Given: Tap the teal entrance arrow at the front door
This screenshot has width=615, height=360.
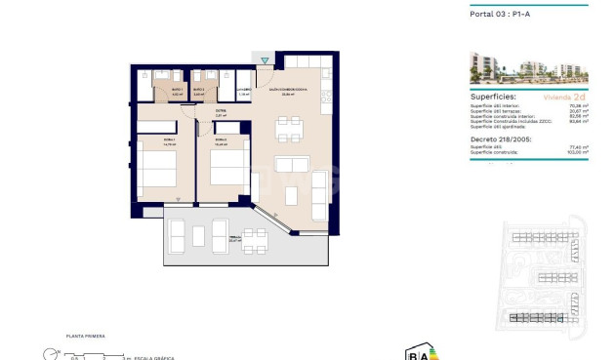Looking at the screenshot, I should point(265,61).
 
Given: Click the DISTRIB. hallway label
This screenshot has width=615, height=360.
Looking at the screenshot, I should point(222,113).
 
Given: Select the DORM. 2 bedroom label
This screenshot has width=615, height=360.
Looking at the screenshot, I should point(222,141).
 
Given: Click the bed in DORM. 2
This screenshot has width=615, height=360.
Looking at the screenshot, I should point(225,168).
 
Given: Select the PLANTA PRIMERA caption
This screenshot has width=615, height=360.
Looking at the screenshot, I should point(85,336).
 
